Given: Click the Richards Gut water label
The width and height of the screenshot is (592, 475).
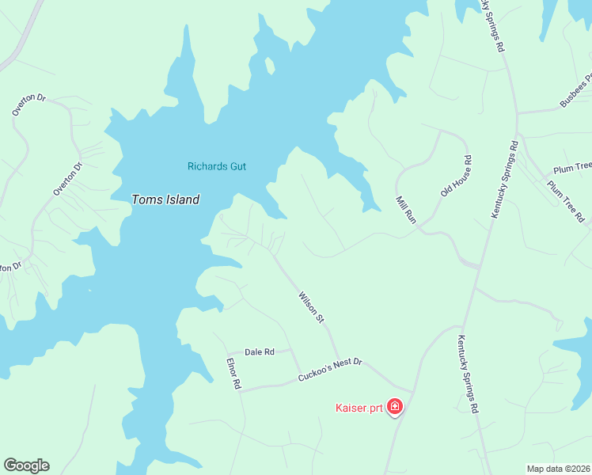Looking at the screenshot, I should click(217, 166).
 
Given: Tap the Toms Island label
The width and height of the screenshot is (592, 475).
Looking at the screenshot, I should click(165, 199).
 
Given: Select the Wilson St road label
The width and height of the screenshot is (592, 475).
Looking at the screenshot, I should click(312, 307).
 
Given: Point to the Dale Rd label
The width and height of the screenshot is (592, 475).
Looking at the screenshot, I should click(259, 351).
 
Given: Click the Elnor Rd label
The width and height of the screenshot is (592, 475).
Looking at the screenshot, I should click(233, 374).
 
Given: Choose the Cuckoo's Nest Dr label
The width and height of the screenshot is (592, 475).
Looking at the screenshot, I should click(330, 370).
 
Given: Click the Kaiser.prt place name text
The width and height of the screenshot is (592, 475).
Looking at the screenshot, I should click(359, 408).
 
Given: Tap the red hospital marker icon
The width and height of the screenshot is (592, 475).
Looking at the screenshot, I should click(395, 408).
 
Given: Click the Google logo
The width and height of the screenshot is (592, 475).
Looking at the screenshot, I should click(26, 465).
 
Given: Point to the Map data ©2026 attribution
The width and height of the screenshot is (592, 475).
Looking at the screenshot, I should click(557, 469).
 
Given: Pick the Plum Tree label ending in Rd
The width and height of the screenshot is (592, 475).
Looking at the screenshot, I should click(566, 201).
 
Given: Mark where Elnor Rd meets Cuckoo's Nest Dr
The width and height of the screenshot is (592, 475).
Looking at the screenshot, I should click(241, 389).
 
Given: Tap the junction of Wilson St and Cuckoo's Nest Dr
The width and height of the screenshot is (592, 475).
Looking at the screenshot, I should click(340, 363).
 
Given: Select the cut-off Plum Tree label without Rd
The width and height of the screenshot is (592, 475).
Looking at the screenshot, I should click(572, 168).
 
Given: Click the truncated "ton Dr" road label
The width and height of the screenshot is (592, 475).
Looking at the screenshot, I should click(9, 268).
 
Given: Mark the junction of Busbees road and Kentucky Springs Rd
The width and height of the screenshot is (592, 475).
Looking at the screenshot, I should click(518, 113).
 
